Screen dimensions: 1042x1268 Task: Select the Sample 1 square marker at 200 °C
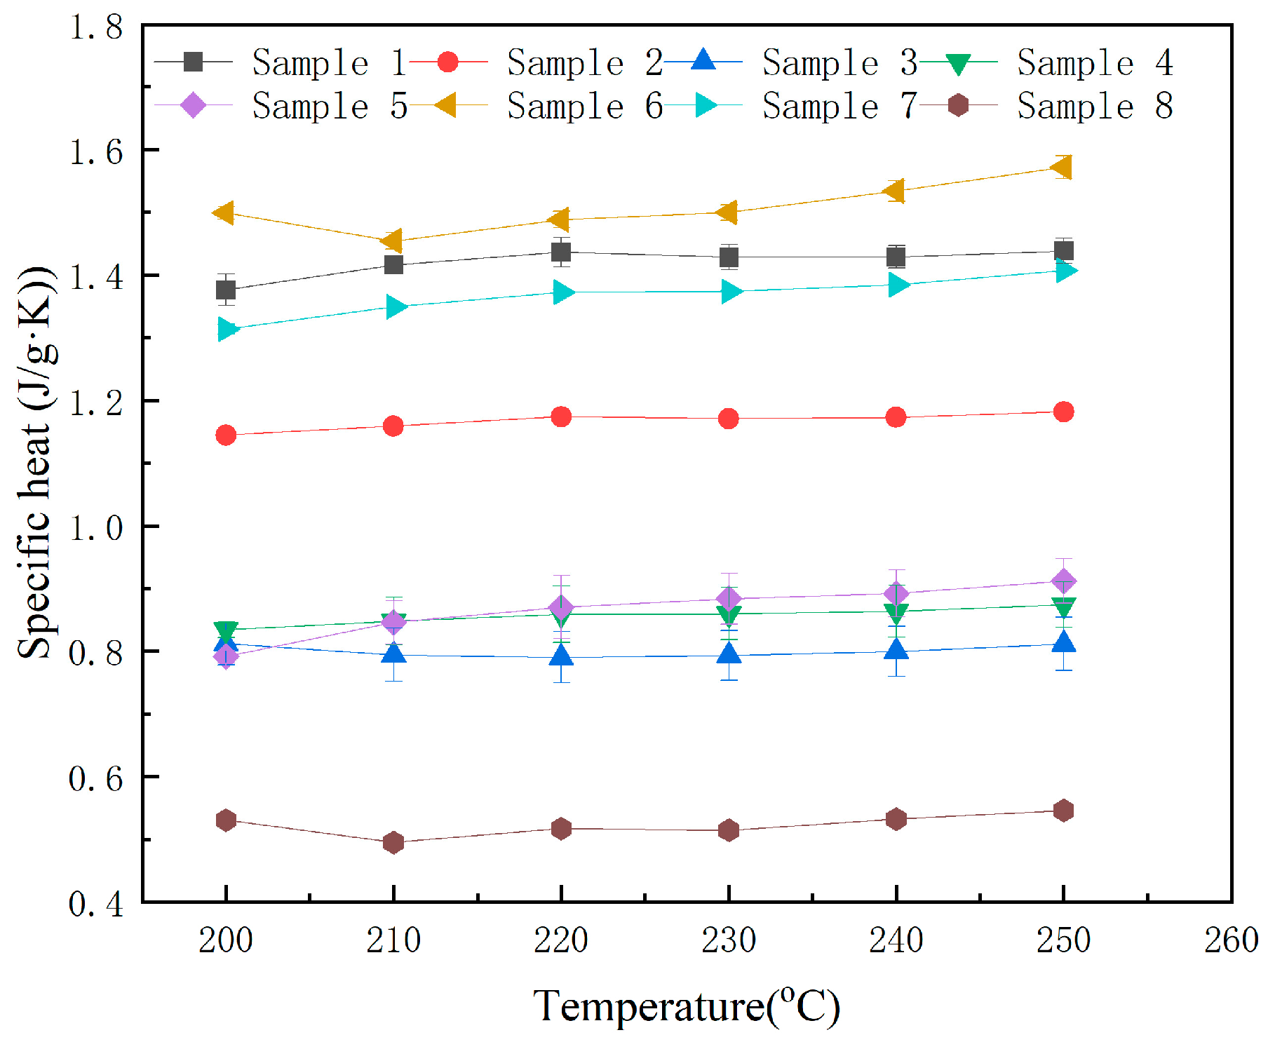(x=226, y=290)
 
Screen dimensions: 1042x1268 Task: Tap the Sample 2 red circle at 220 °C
(x=561, y=417)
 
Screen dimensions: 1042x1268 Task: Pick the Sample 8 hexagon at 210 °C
(x=393, y=842)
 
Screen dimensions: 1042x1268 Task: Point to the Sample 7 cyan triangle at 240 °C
(x=898, y=285)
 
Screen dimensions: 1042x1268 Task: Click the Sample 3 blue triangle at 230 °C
(x=729, y=654)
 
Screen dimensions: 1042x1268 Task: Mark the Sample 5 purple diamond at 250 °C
(x=1064, y=581)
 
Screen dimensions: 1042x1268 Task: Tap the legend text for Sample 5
(x=330, y=107)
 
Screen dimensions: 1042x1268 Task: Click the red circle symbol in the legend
(x=447, y=62)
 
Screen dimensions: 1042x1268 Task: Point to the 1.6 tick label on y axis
(x=96, y=151)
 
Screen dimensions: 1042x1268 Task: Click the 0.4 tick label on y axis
(x=96, y=904)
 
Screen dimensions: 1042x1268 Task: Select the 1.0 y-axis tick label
(x=96, y=527)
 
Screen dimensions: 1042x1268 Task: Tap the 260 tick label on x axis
(x=1231, y=940)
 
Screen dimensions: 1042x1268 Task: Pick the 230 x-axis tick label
(x=729, y=940)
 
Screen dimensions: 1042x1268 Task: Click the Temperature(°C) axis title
(x=686, y=1007)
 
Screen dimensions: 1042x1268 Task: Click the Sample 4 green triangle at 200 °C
(x=226, y=630)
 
